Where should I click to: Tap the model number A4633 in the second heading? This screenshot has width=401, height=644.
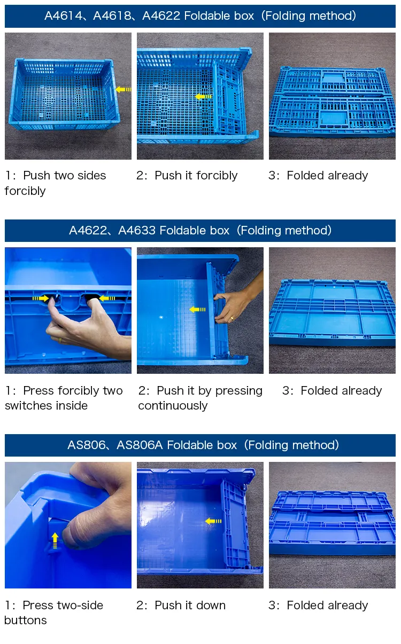coord(136,231)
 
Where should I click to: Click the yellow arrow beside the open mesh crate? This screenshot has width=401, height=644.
coord(124,89)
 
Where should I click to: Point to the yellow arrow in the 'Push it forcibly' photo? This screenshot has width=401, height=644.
coord(203,97)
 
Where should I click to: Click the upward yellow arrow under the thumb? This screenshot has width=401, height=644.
coord(55,540)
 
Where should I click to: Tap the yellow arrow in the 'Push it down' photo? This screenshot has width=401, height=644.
coord(213,521)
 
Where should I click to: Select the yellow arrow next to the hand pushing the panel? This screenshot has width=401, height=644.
coord(197,309)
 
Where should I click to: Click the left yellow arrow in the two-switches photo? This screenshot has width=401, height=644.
coord(40,298)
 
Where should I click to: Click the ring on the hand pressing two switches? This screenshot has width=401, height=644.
coord(60,340)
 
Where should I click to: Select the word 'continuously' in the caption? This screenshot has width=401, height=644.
coord(173,406)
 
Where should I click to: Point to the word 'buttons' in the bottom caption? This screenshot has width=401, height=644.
coord(26,621)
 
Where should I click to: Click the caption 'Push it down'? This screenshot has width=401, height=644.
coord(190,606)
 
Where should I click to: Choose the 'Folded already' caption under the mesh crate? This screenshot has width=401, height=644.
coord(327,176)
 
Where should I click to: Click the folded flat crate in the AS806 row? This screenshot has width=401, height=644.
coord(331,523)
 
